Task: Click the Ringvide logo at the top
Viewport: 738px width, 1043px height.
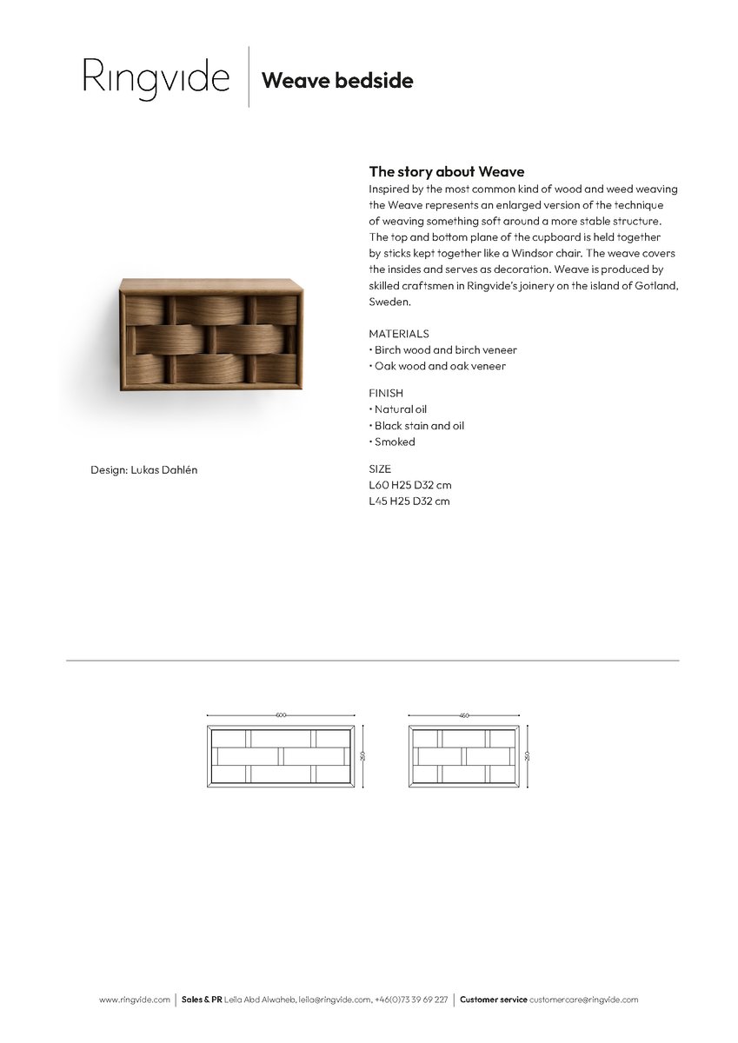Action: point(156,77)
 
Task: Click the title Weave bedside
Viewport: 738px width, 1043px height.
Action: point(337,81)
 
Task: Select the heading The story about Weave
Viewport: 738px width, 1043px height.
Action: point(447,171)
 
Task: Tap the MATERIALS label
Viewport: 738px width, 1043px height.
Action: point(398,334)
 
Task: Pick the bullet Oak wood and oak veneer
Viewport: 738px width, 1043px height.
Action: point(440,366)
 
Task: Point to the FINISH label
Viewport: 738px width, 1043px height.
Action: point(386,393)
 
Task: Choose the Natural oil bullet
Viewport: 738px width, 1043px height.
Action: point(400,409)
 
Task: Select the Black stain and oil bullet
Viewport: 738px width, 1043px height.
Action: point(419,426)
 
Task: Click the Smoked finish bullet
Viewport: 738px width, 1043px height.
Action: point(395,442)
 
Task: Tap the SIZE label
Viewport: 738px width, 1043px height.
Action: point(380,468)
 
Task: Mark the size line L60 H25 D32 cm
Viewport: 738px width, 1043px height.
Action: point(409,485)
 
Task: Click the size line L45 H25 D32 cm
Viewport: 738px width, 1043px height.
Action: point(409,502)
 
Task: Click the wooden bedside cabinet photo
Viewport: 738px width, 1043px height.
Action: point(211,335)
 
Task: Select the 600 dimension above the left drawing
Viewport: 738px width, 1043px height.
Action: point(281,715)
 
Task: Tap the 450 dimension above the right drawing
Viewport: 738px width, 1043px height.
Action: point(464,715)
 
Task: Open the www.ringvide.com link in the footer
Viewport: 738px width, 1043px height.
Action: point(135,1000)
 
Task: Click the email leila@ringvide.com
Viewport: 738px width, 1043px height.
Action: point(335,1000)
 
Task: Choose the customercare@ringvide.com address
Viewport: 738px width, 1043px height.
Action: point(583,1000)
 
